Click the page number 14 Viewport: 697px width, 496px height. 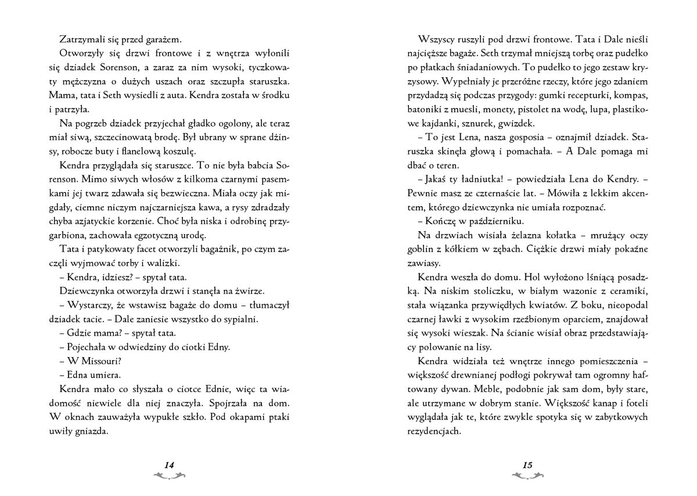(x=169, y=464)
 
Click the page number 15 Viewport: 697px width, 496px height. (x=527, y=464)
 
